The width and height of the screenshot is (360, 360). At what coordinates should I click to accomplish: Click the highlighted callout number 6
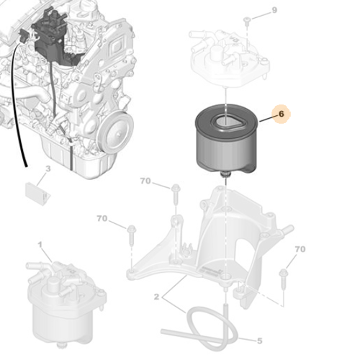point(282,114)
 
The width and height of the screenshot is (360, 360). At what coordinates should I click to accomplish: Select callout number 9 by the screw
point(274,10)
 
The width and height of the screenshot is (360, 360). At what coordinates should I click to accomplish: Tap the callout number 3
point(48,169)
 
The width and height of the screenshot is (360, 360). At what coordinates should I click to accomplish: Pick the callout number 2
point(156,296)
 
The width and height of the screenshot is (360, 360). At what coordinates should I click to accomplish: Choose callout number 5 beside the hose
point(259,340)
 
